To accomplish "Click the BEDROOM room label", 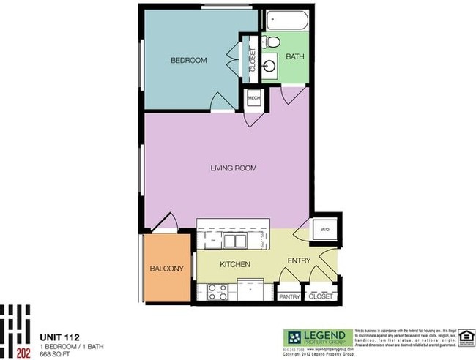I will pyautogui.click(x=188, y=61).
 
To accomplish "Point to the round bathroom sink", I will pyautogui.click(x=270, y=66).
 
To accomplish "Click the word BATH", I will pyautogui.click(x=294, y=56).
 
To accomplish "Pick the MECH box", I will pyautogui.click(x=254, y=98).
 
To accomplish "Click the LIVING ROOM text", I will pyautogui.click(x=233, y=168).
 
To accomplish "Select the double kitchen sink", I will pyautogui.click(x=235, y=240).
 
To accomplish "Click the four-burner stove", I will pyautogui.click(x=217, y=291).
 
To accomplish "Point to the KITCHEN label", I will pyautogui.click(x=235, y=264).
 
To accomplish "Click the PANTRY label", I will pyautogui.click(x=290, y=297).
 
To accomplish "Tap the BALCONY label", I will pyautogui.click(x=166, y=269).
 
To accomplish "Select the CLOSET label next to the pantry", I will pyautogui.click(x=320, y=297).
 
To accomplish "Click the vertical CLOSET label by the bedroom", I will pyautogui.click(x=253, y=59).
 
